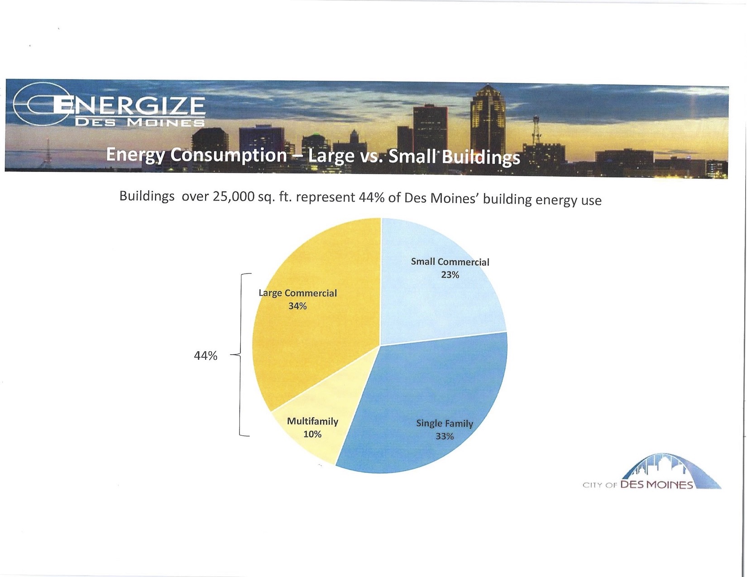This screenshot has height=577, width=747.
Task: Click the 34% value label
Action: click(x=297, y=306)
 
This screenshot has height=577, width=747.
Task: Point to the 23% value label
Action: click(x=450, y=275)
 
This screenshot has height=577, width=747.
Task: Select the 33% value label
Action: click(x=445, y=436)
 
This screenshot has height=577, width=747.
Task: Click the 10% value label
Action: click(x=312, y=434)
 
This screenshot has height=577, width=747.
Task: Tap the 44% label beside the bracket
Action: click(x=206, y=356)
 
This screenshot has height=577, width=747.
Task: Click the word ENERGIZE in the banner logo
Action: click(x=129, y=105)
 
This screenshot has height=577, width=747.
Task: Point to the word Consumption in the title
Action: click(x=228, y=155)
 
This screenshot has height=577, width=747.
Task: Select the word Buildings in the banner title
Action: click(x=480, y=157)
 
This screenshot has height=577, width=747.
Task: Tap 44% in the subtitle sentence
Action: click(x=371, y=198)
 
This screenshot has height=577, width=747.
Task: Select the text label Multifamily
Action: click(x=312, y=421)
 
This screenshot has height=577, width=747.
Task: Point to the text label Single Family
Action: click(x=445, y=424)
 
